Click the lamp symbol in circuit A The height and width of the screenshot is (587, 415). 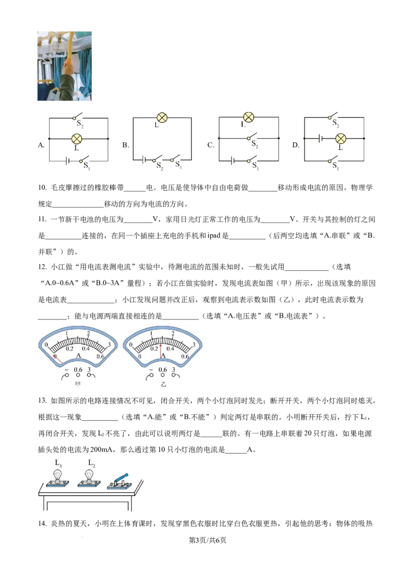[77, 139]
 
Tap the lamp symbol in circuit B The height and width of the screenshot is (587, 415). [162, 118]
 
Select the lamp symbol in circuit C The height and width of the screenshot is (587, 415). [248, 117]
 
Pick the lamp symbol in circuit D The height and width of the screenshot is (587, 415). [340, 139]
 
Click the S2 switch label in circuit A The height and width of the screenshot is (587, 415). [80, 123]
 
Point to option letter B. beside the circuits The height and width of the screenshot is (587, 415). [126, 145]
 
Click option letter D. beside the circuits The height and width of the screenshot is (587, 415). [296, 145]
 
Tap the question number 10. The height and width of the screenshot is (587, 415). [43, 188]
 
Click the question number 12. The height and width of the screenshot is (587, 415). [43, 267]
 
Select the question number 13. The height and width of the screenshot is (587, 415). [43, 400]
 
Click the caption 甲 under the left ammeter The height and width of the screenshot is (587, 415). [78, 384]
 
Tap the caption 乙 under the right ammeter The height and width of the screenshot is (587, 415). [163, 384]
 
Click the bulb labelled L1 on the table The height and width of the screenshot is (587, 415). [57, 476]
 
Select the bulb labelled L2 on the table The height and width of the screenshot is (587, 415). [89, 476]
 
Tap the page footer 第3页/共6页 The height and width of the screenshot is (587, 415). [208, 540]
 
